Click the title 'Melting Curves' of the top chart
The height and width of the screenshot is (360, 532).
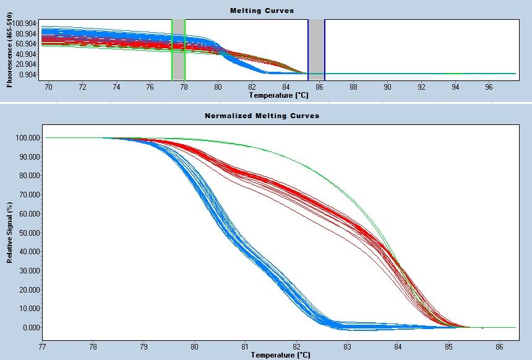pyautogui.click(x=262, y=11)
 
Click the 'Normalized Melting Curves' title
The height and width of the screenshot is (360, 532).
pyautogui.click(x=262, y=116)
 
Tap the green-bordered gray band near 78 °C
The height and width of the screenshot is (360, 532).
pyautogui.click(x=178, y=49)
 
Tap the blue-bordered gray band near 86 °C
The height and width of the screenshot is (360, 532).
pyautogui.click(x=316, y=49)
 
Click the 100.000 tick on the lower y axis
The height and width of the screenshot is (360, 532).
pyautogui.click(x=26, y=137)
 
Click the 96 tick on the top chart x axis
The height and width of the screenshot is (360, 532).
pyautogui.click(x=489, y=88)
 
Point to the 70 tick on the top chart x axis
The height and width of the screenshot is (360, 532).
pyautogui.click(x=49, y=88)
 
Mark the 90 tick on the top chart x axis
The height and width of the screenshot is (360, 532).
pyautogui.click(x=387, y=88)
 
